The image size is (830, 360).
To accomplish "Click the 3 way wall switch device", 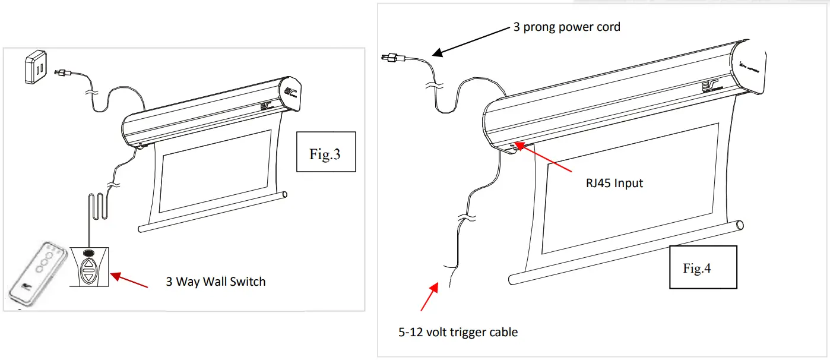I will coord(88,266).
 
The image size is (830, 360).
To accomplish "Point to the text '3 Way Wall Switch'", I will coord(216,281).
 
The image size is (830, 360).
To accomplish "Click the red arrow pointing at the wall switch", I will coord(129,280).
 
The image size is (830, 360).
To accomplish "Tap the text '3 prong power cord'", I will coord(566,27).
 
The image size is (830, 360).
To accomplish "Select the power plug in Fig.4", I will coord(392,58).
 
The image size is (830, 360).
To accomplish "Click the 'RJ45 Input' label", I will coord(614,182).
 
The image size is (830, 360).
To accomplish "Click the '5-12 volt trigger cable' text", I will coord(458,331).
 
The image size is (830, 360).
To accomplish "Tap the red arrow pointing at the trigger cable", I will coord(429,297).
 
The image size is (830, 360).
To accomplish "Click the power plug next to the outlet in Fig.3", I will coord(61,73).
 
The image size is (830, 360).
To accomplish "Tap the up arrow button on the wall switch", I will coord(88,264).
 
